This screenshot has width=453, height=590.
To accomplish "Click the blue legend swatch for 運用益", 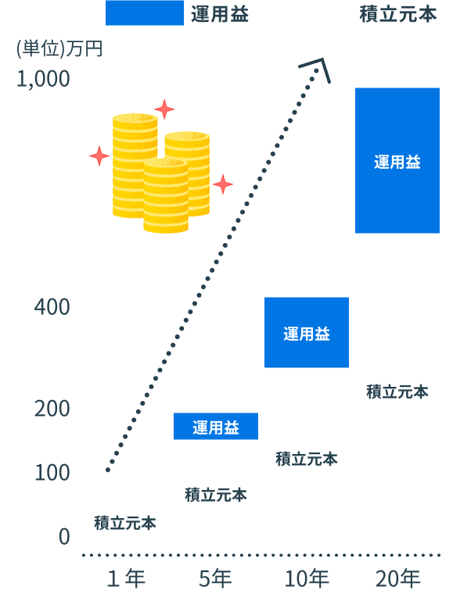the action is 145,13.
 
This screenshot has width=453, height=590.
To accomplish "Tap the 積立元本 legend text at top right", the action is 398,15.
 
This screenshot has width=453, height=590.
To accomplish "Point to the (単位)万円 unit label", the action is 59,49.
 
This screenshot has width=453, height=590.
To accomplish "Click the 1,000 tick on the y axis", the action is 43,79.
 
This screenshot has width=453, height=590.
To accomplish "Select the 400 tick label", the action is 52,306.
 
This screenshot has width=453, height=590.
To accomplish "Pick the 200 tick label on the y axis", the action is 52,409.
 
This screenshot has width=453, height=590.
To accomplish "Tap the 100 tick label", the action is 52,473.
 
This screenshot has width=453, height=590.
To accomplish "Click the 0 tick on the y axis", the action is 64,537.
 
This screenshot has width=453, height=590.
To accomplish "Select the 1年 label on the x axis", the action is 126,578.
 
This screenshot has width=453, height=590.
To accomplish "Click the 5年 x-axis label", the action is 216,578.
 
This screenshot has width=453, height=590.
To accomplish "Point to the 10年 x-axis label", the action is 307,578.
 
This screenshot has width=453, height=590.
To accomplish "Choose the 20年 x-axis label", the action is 397,578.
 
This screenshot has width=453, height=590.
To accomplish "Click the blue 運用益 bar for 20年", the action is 397,161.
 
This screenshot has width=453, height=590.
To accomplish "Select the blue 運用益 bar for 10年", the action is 307,332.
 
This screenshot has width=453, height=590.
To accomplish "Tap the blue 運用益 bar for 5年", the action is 216,427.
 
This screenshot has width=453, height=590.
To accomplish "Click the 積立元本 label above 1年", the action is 125,523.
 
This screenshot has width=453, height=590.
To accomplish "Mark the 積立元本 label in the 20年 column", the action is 397,392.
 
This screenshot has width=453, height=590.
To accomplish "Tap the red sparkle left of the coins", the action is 99,156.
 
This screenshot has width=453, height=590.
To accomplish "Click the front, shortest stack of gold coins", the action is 166,195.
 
